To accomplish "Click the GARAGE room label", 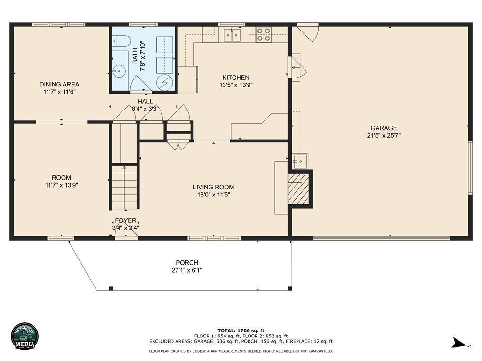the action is coord(383,128).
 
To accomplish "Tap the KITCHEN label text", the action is coord(236,78).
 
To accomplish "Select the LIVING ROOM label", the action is coord(213,187).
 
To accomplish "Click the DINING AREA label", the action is coord(59,84).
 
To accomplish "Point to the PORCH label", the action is coord(187,263).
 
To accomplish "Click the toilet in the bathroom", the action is coord(122,40).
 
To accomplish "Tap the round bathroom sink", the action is coord(118,71).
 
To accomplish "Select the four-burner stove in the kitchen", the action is coord(264,34).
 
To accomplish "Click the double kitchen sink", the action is coord(232,35).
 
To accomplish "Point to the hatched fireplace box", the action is coord(298,188).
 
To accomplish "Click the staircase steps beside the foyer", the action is coord(124,187).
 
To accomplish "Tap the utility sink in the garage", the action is coord(299,161).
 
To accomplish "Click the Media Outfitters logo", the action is coord(24,336).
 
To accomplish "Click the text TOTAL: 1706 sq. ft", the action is coord(241,330).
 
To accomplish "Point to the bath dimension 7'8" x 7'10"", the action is coord(142,57).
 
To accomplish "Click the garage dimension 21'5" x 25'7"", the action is coord(383,136).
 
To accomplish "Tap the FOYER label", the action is coord(125,220).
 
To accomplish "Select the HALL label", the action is coord(145,102).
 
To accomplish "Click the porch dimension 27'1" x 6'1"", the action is coord(187,270).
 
